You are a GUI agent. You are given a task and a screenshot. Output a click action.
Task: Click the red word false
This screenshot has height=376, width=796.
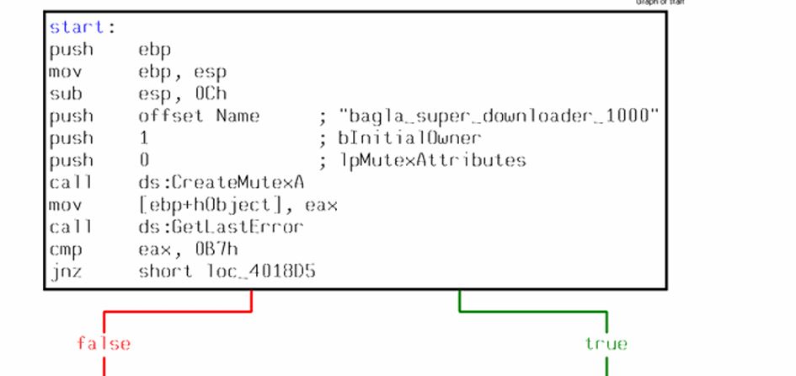tap(104, 344)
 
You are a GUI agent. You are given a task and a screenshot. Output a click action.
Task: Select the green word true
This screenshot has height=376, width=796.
tap(606, 344)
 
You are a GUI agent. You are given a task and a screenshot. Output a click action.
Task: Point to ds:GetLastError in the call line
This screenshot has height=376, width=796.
tap(221, 228)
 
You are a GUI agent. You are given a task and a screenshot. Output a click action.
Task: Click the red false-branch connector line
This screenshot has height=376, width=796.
tap(177, 311)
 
